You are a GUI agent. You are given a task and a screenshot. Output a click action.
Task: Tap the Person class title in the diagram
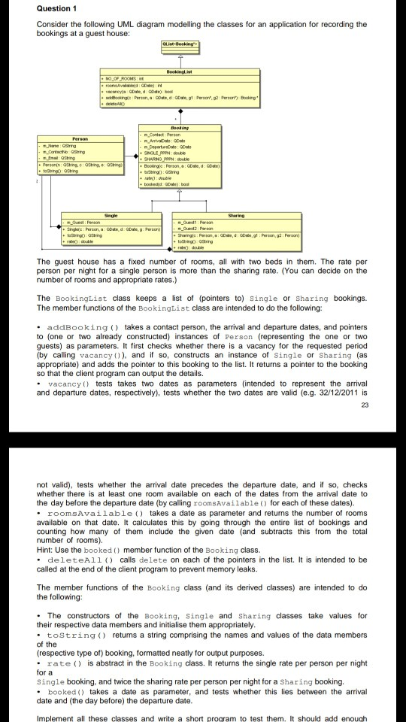coord(78,139)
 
